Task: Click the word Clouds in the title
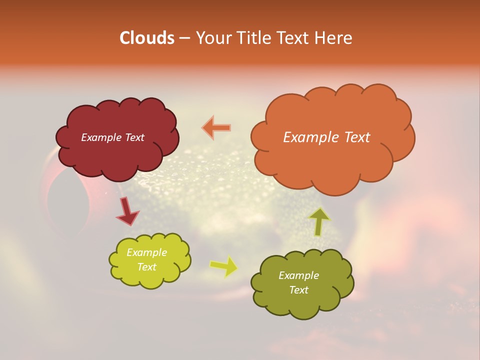pyautogui.click(x=147, y=38)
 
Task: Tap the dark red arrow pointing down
pyautogui.click(x=127, y=211)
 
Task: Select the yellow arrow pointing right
pyautogui.click(x=223, y=266)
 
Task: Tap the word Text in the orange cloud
pyautogui.click(x=354, y=137)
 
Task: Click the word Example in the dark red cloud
pyautogui.click(x=101, y=137)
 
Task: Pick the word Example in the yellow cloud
pyautogui.click(x=147, y=252)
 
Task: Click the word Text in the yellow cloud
pyautogui.click(x=147, y=267)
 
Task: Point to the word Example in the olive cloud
pyautogui.click(x=299, y=275)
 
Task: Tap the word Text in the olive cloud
pyautogui.click(x=299, y=290)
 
